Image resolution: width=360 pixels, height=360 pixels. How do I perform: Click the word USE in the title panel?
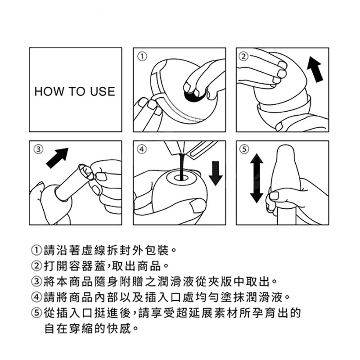point(103,91)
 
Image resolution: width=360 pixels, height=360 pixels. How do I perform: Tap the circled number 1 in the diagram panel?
point(142,56)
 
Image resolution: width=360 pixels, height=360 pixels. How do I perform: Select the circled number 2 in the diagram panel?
point(244,56)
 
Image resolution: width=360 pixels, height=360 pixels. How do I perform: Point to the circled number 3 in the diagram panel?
point(39,149)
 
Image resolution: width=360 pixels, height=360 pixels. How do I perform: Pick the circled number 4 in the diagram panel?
point(142,149)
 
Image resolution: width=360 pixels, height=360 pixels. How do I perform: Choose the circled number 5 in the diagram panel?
point(244,149)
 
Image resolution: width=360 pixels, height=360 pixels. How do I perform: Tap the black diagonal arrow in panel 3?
point(58,158)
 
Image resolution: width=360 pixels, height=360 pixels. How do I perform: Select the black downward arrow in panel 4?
point(216,173)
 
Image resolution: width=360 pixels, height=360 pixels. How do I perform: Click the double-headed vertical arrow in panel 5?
point(256,178)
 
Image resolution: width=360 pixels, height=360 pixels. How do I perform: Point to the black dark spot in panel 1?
point(193,95)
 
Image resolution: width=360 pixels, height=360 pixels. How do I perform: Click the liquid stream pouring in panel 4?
point(181,166)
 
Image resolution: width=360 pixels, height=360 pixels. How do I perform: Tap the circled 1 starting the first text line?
point(36,251)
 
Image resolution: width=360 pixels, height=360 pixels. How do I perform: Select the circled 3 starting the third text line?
point(36,282)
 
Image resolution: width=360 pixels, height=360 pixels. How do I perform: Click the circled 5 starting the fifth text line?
point(36,313)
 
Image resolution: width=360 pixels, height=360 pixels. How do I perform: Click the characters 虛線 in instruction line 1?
point(94,251)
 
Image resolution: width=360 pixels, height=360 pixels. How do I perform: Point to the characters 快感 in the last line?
point(119,328)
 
